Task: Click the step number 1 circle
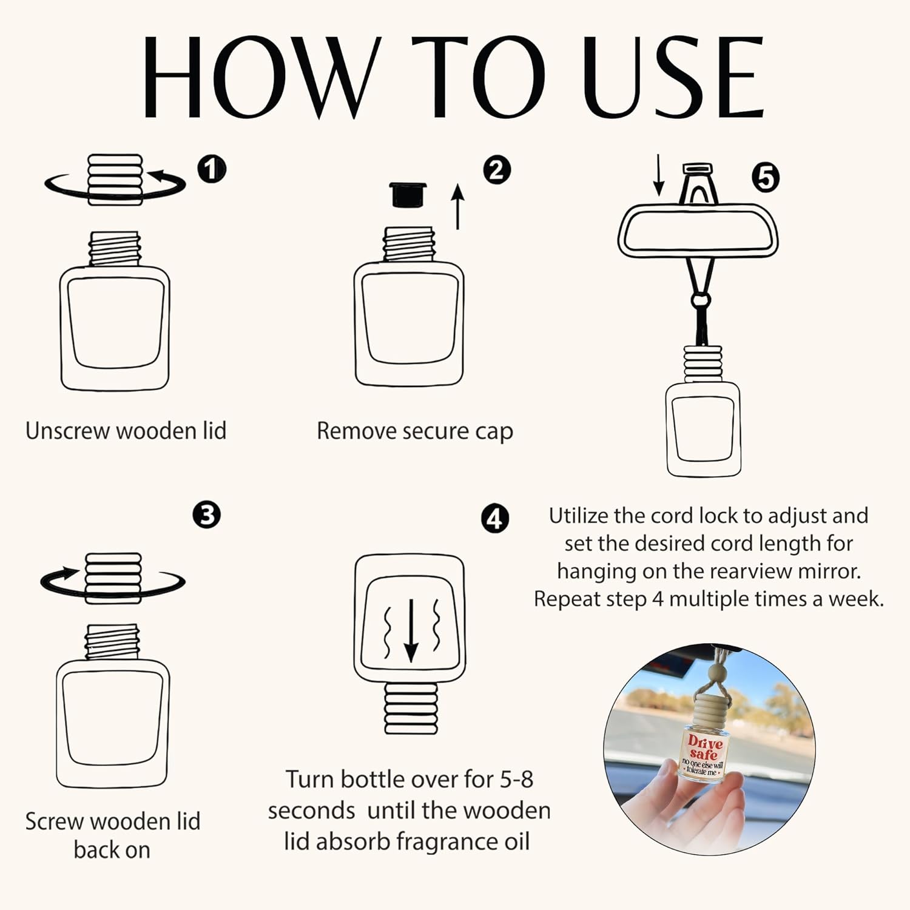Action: click(212, 169)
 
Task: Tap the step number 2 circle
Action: click(497, 170)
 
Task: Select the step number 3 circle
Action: click(207, 515)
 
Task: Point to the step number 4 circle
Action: click(495, 519)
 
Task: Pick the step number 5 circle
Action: click(766, 178)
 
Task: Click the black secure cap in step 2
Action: click(408, 195)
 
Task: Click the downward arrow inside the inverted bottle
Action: click(411, 630)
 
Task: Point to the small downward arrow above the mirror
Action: click(659, 175)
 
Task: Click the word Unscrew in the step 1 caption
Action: click(67, 431)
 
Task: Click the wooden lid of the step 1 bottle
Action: click(115, 180)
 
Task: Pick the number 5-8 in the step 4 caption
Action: click(516, 780)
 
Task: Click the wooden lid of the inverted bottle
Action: click(411, 707)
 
